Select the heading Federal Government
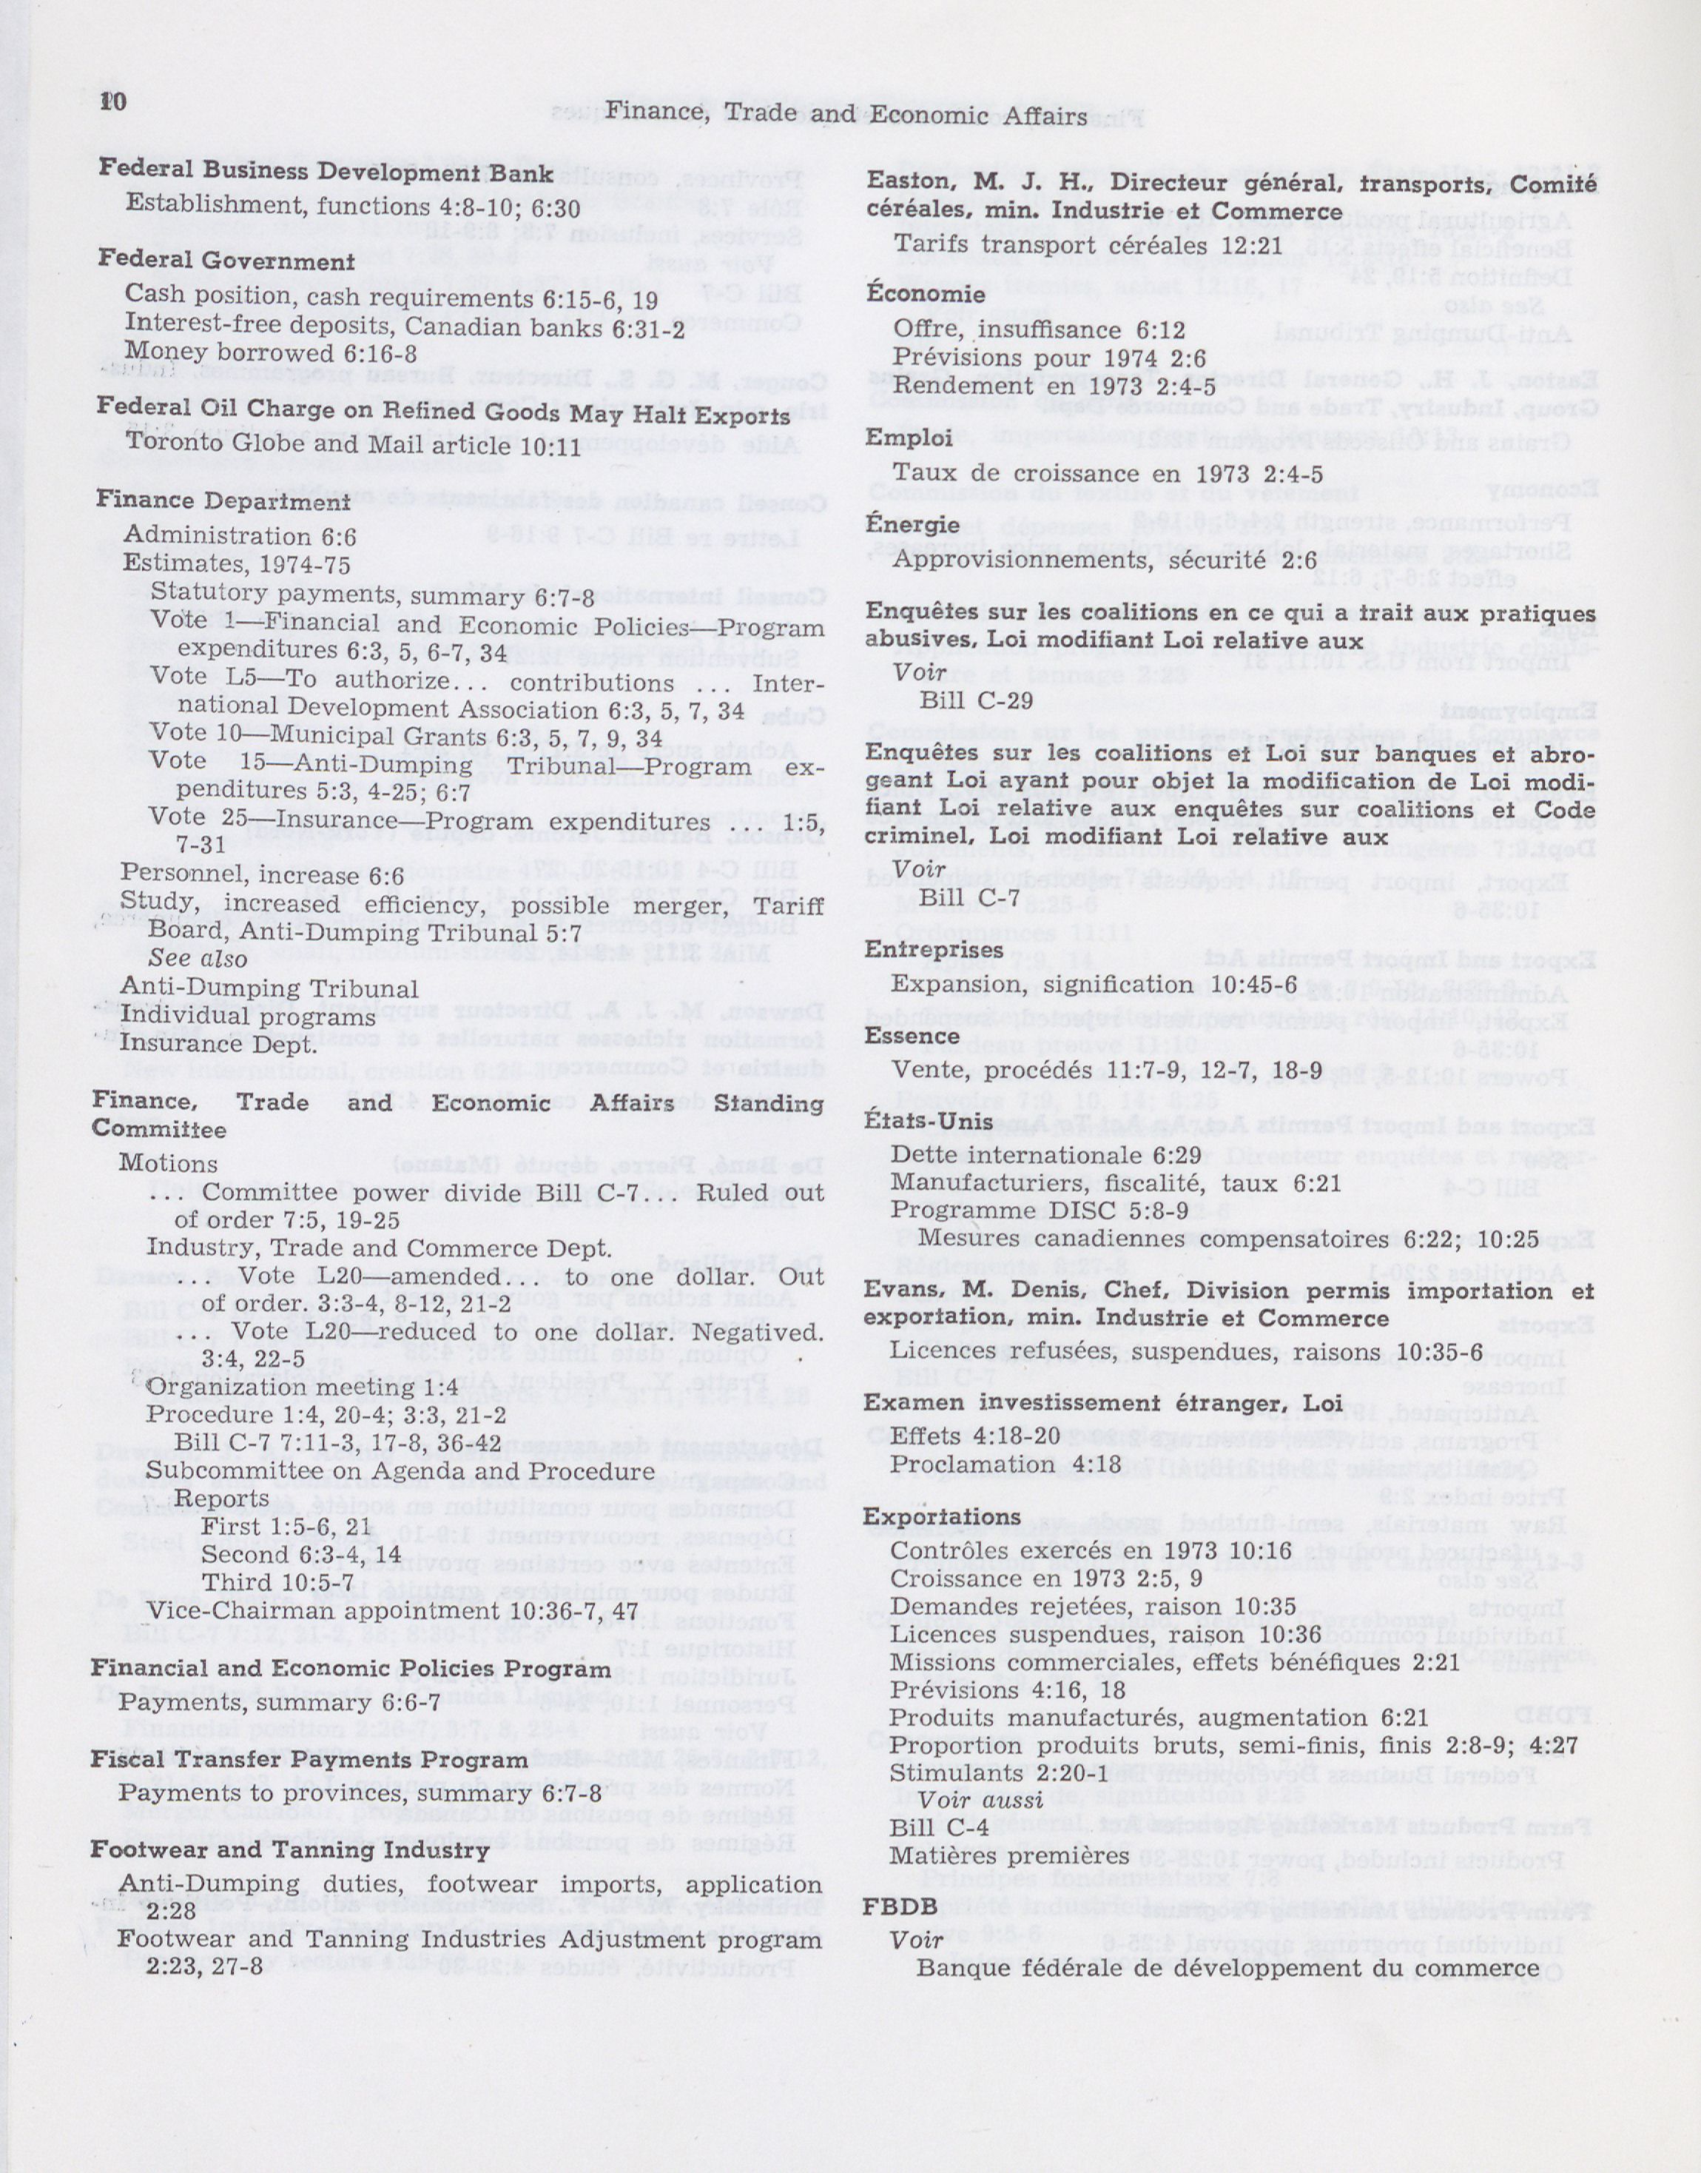226,261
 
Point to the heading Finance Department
223,501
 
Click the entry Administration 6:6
239,536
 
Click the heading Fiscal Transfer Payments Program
310,1760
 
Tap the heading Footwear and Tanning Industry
290,1850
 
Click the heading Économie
925,295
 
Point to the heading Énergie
912,524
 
